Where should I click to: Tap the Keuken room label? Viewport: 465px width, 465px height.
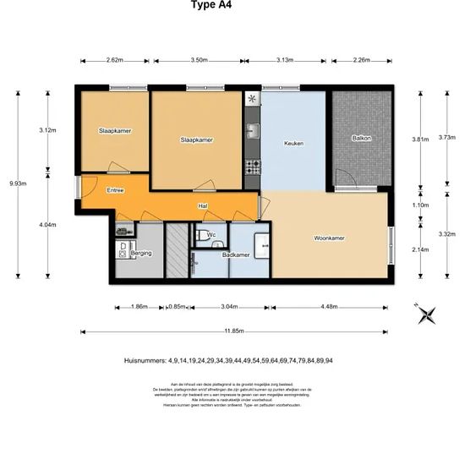[x=293, y=144]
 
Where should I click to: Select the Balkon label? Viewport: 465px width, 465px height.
[x=362, y=138]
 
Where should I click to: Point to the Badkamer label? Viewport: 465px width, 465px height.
[x=235, y=254]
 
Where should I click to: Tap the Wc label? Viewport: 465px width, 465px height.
[x=211, y=234]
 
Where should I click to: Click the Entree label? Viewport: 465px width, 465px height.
[x=115, y=190]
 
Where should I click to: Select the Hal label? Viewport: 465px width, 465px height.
[x=203, y=206]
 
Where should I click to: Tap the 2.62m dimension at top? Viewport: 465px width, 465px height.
[x=115, y=60]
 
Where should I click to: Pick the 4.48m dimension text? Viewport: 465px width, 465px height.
[x=347, y=307]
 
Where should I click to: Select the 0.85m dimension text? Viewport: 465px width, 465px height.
[x=177, y=307]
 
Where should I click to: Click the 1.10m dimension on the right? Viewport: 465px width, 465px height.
[x=420, y=205]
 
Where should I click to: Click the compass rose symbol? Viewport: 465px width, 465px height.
[x=427, y=314]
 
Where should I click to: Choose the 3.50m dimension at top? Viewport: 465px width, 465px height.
[x=200, y=60]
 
